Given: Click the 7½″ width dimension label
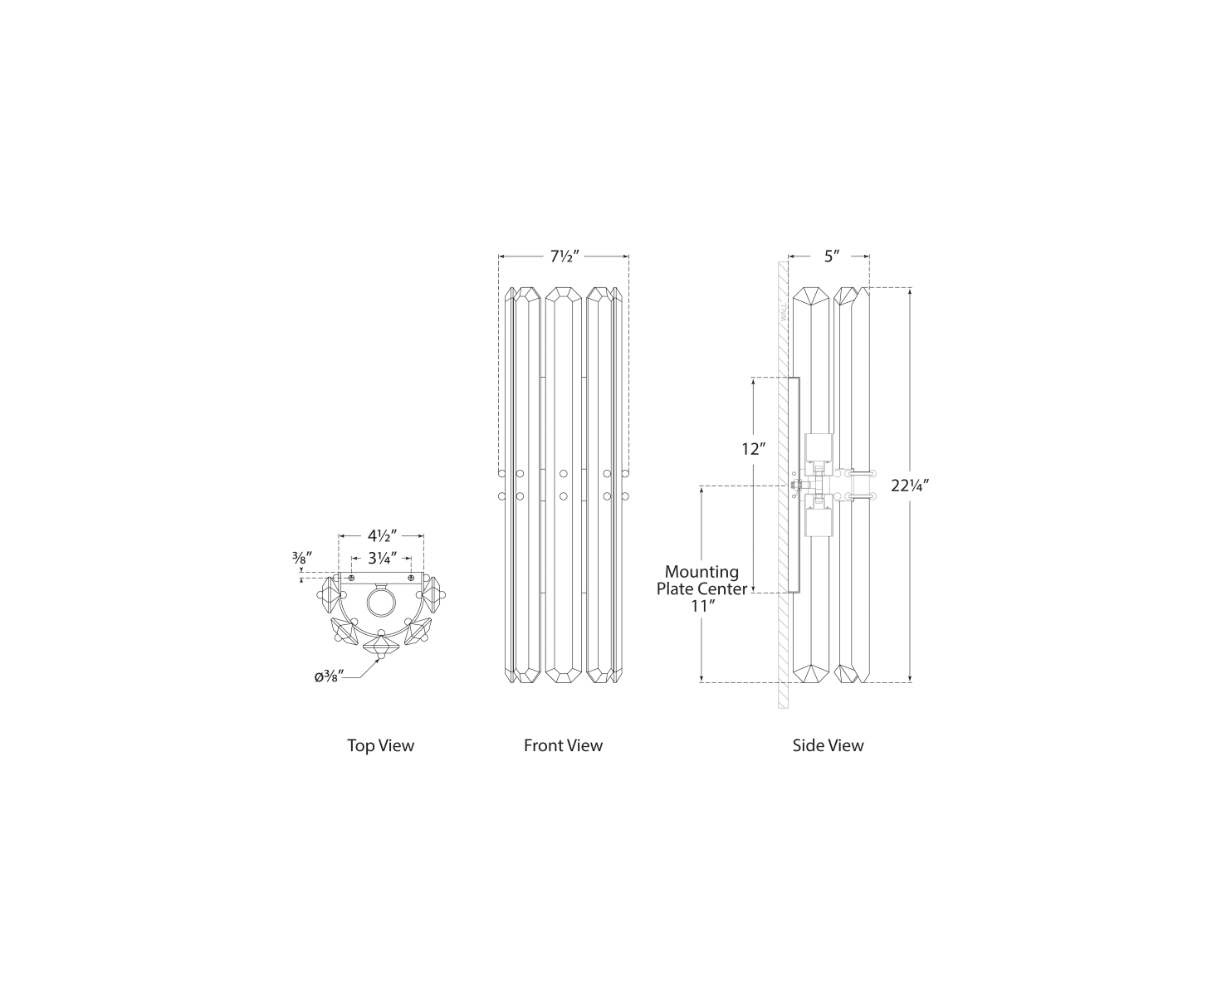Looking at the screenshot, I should click(563, 256).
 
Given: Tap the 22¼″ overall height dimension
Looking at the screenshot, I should click(910, 486).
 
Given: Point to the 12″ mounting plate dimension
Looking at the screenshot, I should click(753, 449).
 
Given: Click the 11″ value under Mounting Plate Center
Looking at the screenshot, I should click(703, 606).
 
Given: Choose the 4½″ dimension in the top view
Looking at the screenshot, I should click(381, 535).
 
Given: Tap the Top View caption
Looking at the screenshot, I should click(380, 745).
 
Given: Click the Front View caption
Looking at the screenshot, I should click(563, 745).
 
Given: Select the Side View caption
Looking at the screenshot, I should click(828, 745).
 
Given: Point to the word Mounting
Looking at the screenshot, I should click(701, 572).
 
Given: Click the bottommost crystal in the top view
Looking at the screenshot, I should click(381, 645).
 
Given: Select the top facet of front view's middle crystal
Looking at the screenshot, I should click(563, 294).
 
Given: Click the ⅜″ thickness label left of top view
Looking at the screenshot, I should click(301, 558).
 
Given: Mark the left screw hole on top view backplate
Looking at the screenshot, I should click(352, 578).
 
